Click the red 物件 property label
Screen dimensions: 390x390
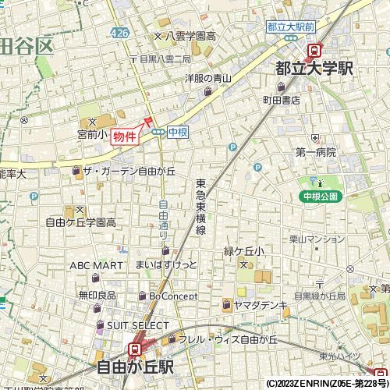125,136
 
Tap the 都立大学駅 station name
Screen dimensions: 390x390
314,69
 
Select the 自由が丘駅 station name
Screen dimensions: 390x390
135,367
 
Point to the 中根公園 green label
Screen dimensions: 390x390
321,196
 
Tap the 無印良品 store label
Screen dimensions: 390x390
97,295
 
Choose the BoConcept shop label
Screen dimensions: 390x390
172,296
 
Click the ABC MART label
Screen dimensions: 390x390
96,265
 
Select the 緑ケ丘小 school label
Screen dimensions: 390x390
244,251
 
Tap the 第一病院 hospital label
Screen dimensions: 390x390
315,152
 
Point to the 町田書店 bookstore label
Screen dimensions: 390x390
281,100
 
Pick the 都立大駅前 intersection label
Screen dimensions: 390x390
291,27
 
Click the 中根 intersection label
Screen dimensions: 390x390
177,132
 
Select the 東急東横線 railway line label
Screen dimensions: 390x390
200,207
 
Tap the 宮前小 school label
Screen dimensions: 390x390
91,133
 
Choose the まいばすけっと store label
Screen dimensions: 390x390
166,265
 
